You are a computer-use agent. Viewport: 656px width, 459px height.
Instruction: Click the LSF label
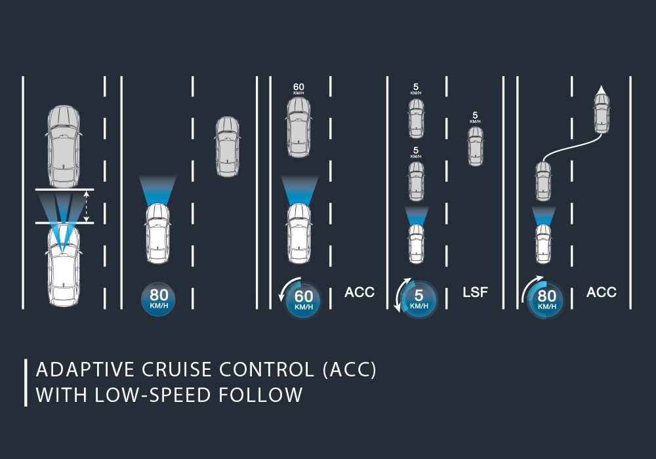coord(476,292)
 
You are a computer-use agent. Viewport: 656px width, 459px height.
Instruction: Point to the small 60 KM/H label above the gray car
coord(298,89)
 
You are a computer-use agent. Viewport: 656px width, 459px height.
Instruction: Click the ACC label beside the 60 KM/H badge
coord(359,292)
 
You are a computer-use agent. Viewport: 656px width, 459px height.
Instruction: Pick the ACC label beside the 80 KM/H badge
coord(602,292)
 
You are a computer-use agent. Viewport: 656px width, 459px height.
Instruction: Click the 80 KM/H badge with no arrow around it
coord(159,299)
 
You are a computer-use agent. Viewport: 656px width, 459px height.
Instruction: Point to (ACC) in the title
coord(349,370)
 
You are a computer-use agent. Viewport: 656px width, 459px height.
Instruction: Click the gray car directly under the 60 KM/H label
coord(298,128)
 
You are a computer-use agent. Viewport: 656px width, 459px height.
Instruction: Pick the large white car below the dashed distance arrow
coord(63,266)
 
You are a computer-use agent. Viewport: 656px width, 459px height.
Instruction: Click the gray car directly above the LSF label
coord(475,146)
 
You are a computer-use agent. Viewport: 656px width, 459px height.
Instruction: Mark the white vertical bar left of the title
coord(26,382)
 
